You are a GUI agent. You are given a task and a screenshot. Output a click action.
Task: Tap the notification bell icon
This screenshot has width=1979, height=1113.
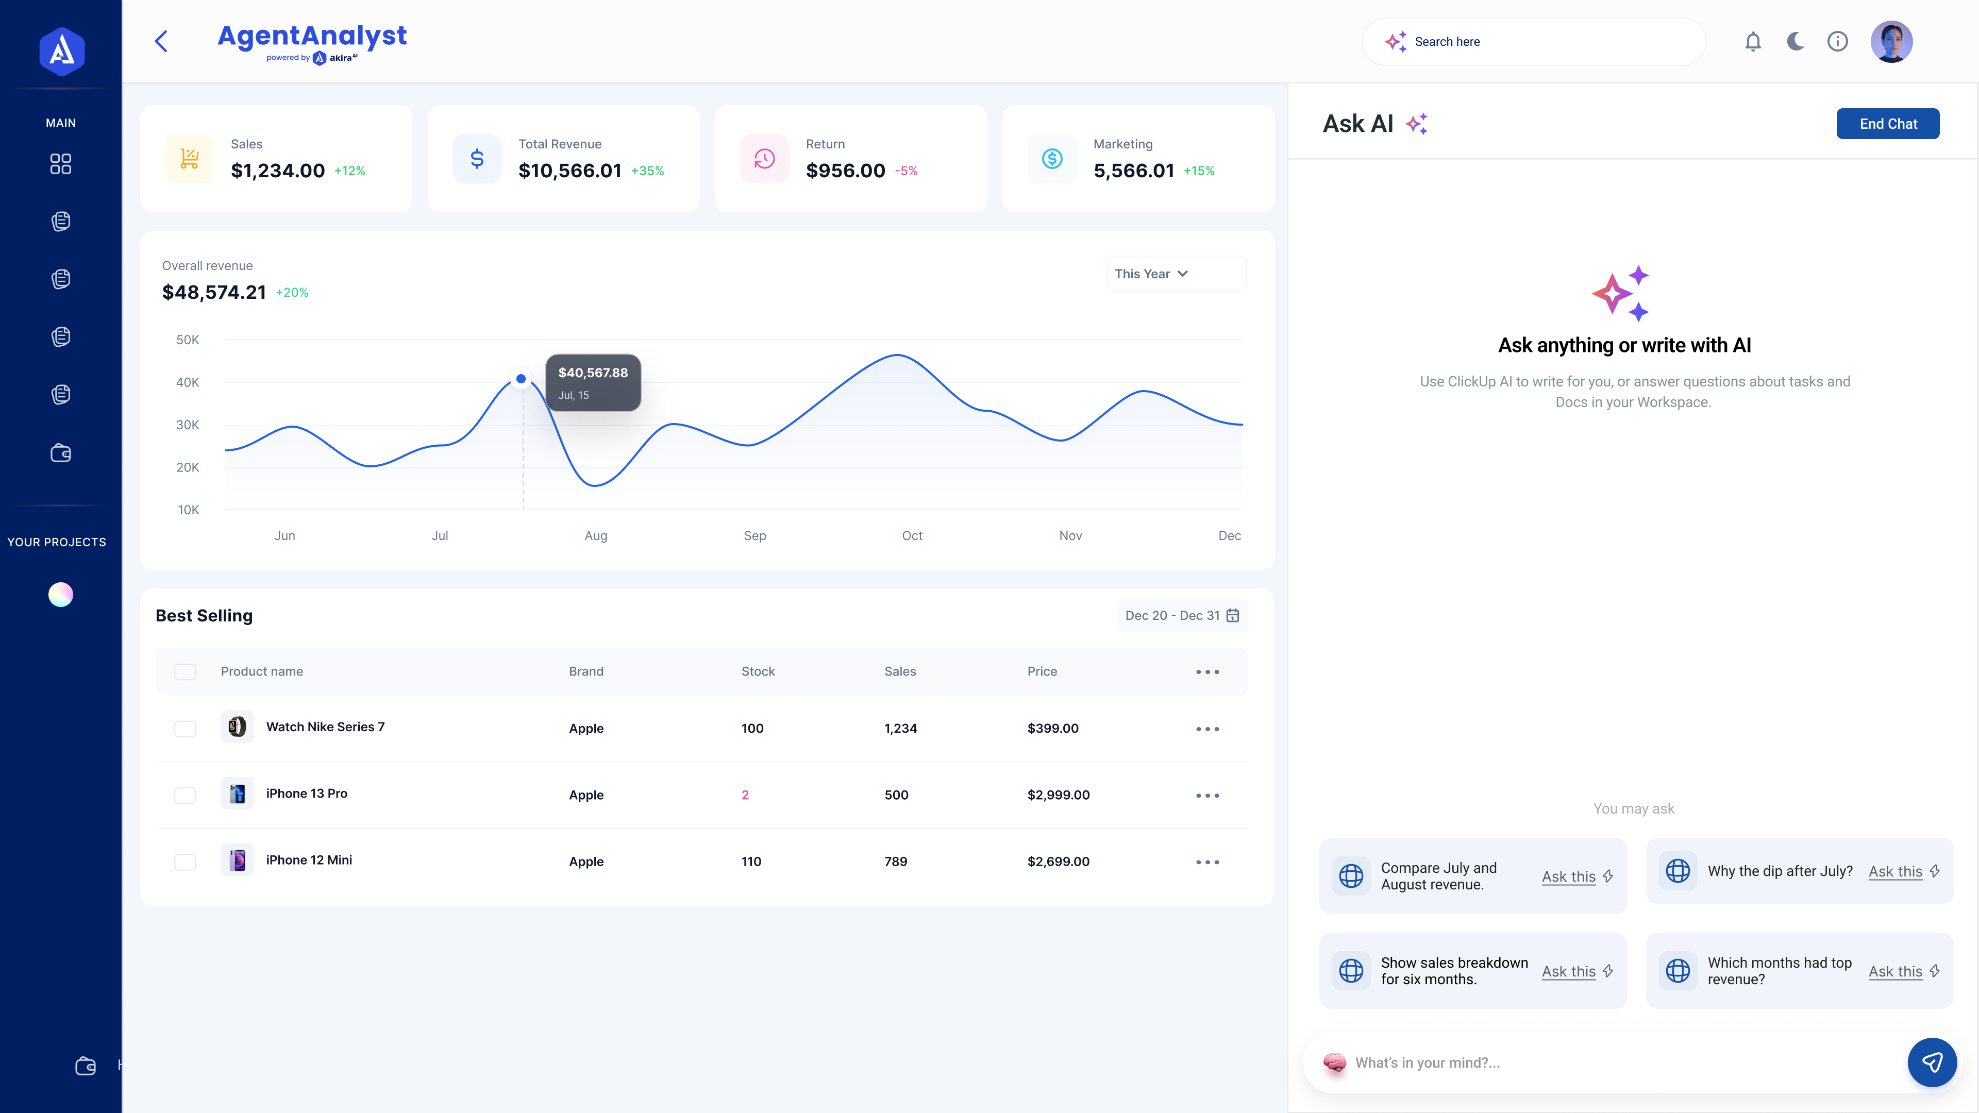point(1752,41)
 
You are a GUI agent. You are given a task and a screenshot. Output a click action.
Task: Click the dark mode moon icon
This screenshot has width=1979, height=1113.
point(1794,41)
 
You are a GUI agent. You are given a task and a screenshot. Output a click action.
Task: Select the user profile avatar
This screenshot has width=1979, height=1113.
point(1891,41)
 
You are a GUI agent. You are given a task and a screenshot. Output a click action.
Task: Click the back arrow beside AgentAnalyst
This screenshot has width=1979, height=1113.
point(161,41)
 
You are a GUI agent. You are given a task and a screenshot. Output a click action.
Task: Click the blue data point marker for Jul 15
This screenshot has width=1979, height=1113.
point(521,379)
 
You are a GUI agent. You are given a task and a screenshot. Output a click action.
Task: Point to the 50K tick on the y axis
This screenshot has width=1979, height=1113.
point(188,340)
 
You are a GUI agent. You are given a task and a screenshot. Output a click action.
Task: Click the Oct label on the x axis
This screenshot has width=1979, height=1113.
point(912,536)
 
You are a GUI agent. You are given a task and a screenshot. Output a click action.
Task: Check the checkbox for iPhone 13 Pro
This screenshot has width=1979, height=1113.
point(185,795)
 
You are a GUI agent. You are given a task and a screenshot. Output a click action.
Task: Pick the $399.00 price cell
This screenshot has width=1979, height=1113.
point(1052,728)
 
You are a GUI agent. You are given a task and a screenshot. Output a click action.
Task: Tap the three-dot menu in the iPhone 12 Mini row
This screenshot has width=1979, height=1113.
point(1207,862)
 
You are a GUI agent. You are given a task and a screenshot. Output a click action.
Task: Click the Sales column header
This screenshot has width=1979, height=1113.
point(900,671)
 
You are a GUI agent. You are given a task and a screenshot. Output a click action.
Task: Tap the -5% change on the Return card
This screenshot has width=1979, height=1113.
point(906,171)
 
